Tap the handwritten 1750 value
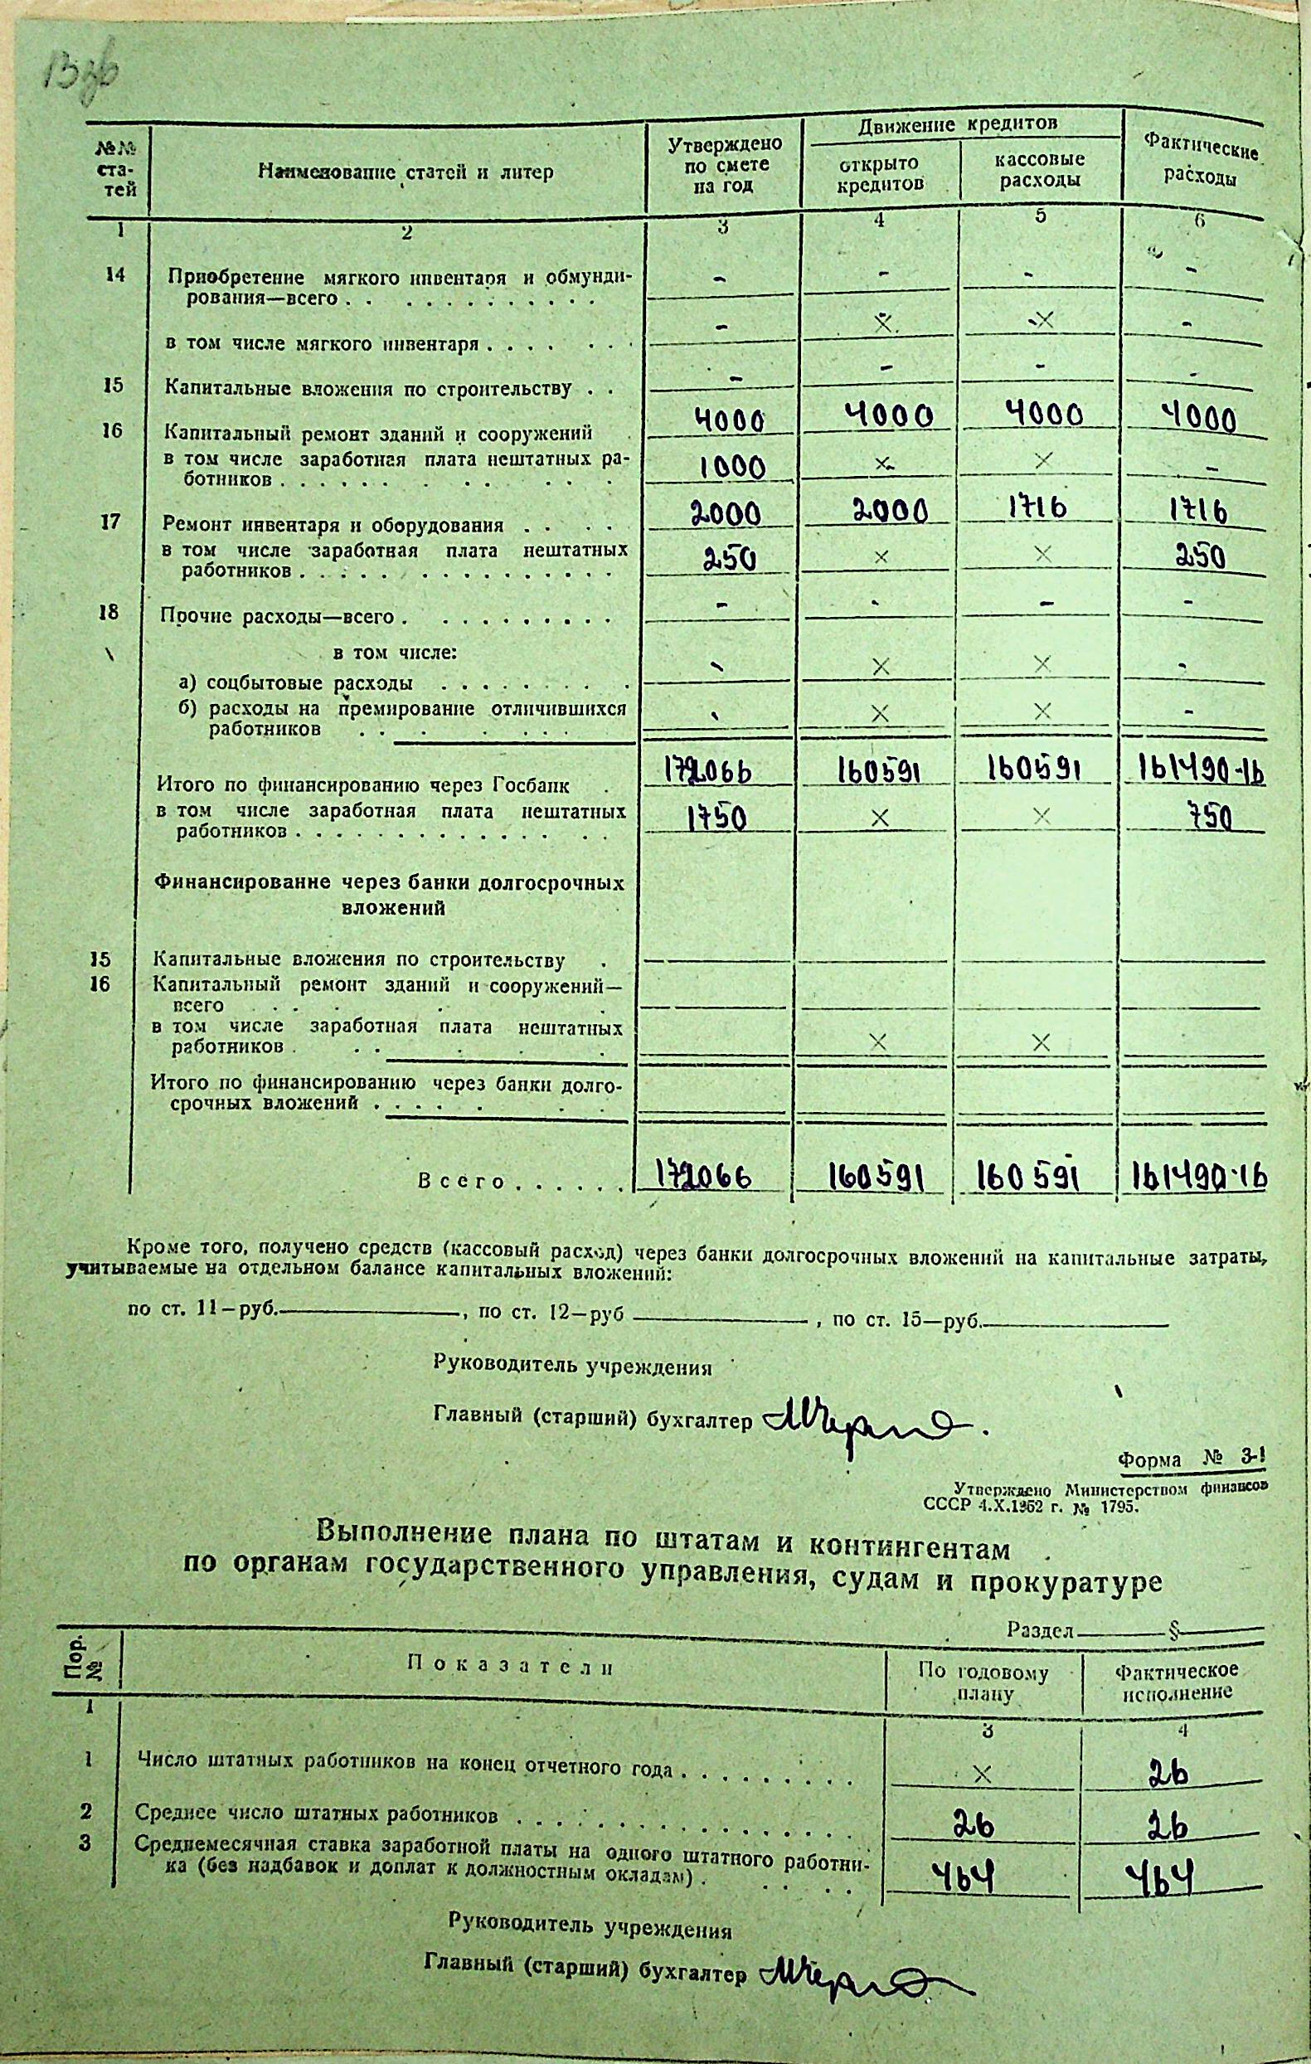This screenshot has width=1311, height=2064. pyautogui.click(x=717, y=819)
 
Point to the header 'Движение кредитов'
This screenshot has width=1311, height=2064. pyautogui.click(x=958, y=124)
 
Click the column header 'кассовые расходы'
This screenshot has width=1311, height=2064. pyautogui.click(x=1039, y=170)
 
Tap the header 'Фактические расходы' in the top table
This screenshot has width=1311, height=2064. pyautogui.click(x=1202, y=164)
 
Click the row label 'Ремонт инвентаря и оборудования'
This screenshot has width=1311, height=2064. pyautogui.click(x=334, y=525)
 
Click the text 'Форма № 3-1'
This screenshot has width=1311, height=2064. pyautogui.click(x=1190, y=1459)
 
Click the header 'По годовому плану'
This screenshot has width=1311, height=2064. pyautogui.click(x=983, y=1682)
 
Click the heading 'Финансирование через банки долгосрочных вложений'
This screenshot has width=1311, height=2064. pyautogui.click(x=390, y=895)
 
